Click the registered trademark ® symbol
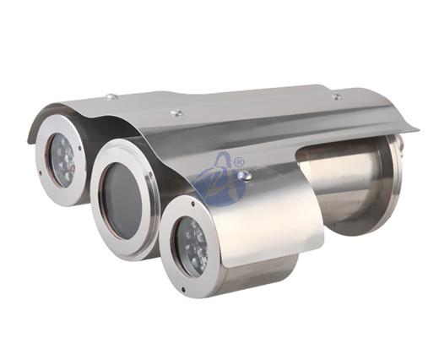pyautogui.click(x=239, y=161)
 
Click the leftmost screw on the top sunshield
pyautogui.click(x=110, y=96)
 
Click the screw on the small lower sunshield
pyautogui.click(x=245, y=176)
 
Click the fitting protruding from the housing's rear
pyautogui.click(x=401, y=145)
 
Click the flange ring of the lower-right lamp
pyautogui.click(x=169, y=254)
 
